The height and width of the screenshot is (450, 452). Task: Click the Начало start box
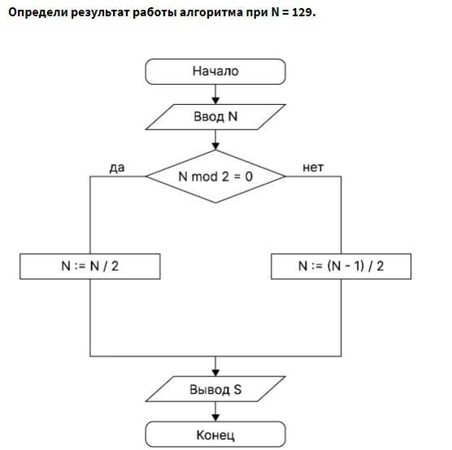point(215,72)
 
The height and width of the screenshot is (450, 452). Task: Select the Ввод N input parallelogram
point(215,117)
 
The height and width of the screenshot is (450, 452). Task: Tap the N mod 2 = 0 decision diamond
point(215,177)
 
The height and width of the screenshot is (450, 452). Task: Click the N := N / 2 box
point(90,266)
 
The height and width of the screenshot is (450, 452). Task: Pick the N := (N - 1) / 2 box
point(341,266)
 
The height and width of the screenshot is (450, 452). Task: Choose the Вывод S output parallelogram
point(215,389)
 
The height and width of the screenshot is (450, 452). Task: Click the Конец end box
point(215,435)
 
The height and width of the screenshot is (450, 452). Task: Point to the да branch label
point(117,168)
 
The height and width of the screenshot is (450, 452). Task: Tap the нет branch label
point(313,168)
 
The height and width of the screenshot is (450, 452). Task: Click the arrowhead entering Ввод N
point(215,101)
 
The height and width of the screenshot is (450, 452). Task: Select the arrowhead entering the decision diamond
point(215,146)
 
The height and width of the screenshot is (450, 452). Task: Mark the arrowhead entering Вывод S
point(215,373)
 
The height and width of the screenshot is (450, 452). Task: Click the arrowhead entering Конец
point(215,417)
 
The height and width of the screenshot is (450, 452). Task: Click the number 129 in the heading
point(302,12)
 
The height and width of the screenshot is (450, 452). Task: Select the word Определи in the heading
point(38,13)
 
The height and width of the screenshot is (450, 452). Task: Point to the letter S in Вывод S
point(237,389)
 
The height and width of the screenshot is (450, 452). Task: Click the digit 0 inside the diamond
point(249,177)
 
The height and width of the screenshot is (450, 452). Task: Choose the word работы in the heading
point(154,13)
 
